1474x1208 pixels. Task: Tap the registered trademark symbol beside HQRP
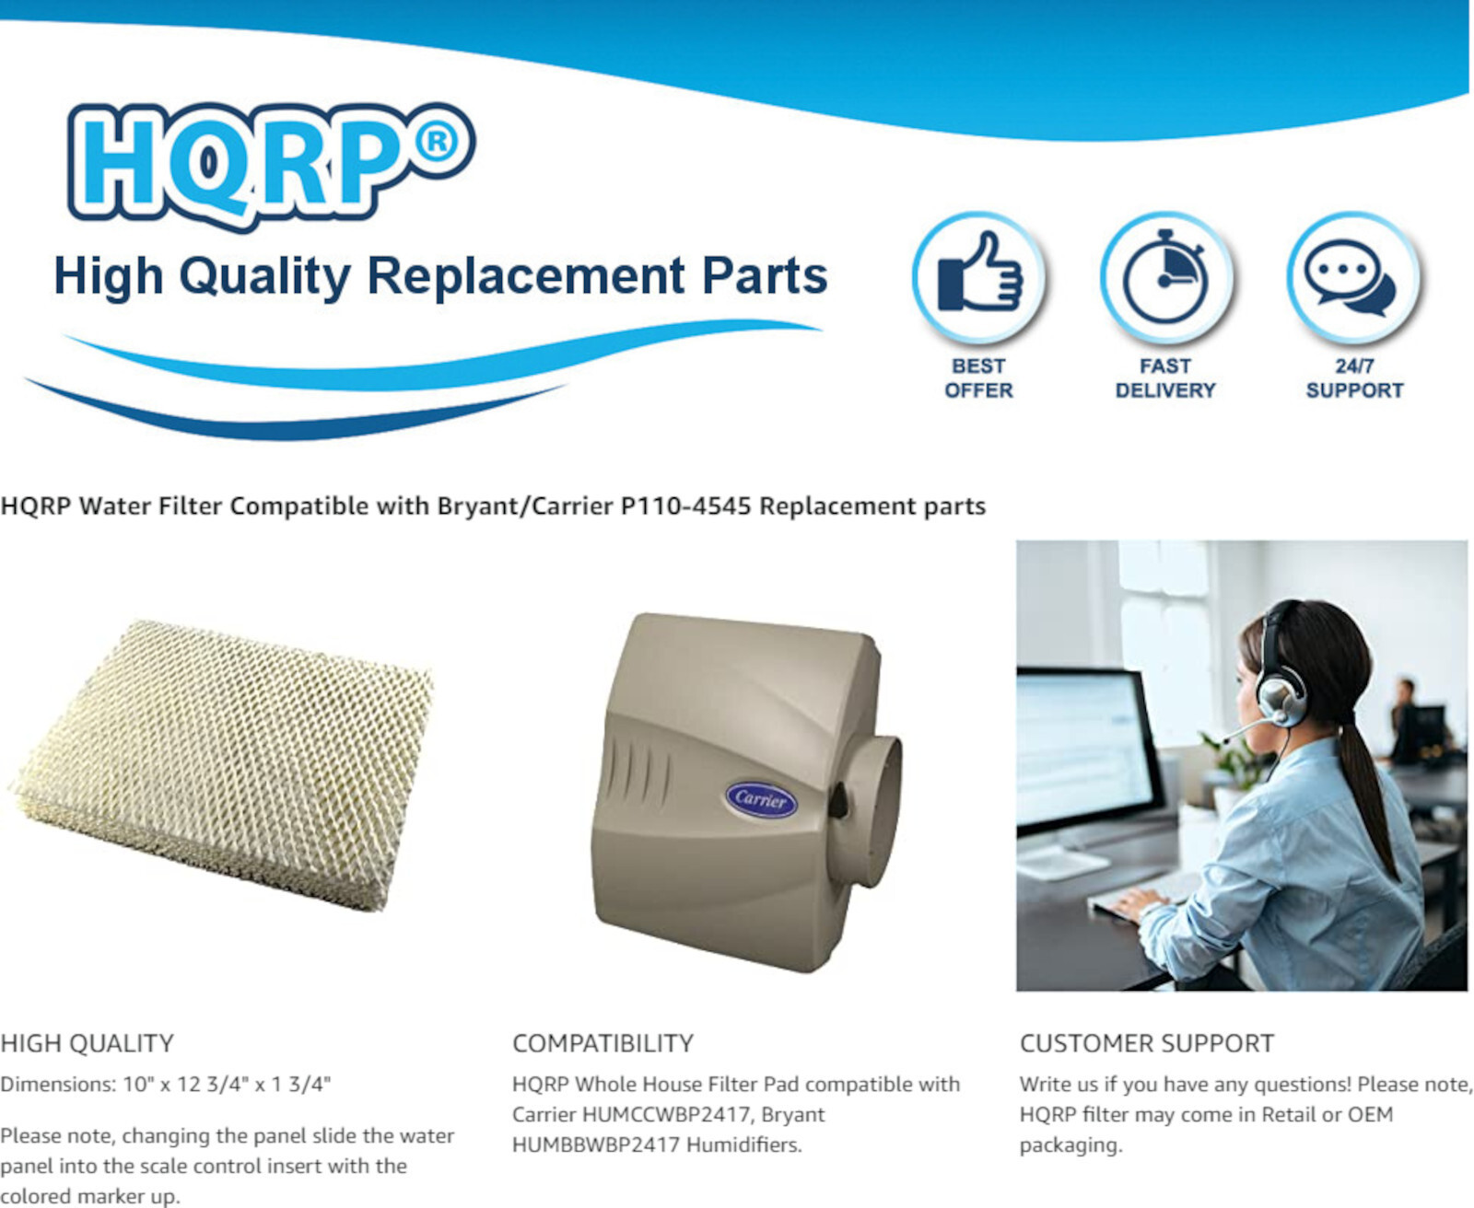tap(436, 142)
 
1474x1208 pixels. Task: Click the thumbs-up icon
tap(978, 275)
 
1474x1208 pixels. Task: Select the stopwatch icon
tap(1165, 277)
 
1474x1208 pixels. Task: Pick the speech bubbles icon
tap(1352, 277)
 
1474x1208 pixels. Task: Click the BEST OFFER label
tap(978, 378)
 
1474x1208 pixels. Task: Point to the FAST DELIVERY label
tap(1165, 378)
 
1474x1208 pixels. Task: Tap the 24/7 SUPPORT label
tap(1354, 378)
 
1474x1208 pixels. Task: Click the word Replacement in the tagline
tap(526, 276)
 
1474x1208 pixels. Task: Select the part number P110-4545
tap(685, 506)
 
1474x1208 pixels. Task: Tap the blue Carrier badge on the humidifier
tap(761, 799)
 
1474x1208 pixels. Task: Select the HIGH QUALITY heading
tap(88, 1043)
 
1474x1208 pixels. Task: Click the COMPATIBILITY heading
tap(602, 1043)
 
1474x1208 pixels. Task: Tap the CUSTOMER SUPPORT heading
tap(1146, 1043)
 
